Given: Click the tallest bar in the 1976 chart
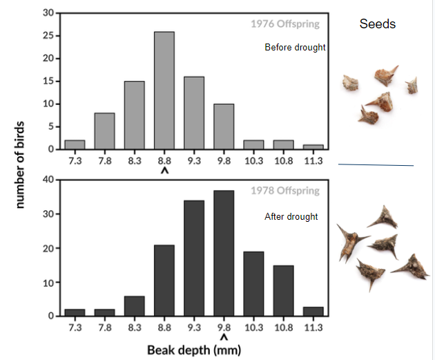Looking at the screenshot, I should tap(164, 91).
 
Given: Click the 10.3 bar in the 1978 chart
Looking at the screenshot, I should tap(253, 284).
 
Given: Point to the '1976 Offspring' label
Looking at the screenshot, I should tap(285, 24).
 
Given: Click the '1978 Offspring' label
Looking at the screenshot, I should tap(285, 190).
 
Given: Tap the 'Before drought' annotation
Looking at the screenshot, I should tap(295, 48).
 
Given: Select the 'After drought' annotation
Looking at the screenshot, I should tap(291, 216).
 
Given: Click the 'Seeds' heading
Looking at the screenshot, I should tap(378, 24).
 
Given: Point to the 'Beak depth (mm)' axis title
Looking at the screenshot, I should tap(194, 350).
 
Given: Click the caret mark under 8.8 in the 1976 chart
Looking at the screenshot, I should tap(164, 170).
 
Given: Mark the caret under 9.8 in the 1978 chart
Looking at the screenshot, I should tap(224, 337).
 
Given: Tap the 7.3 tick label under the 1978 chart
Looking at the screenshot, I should tap(75, 325).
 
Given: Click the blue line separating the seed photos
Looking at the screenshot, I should tap(376, 164).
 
